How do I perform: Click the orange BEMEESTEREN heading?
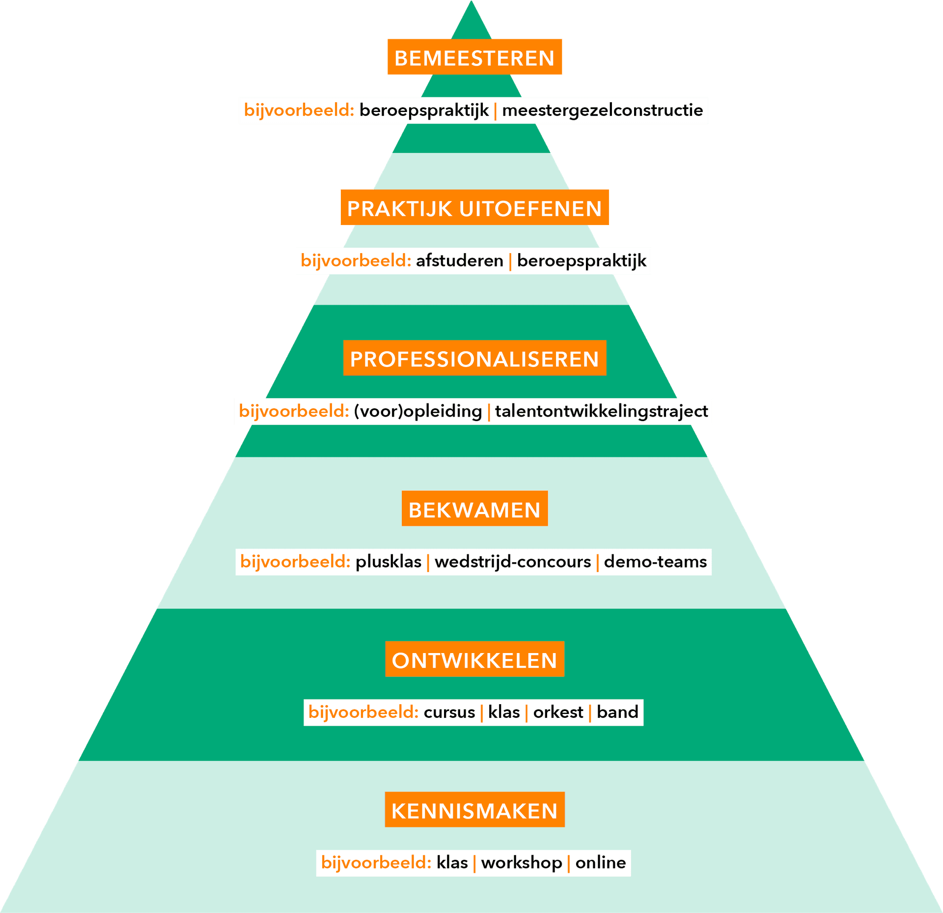(474, 57)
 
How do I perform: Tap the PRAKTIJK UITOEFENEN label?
(474, 208)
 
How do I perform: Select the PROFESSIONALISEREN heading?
(474, 358)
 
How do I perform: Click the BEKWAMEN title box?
(474, 509)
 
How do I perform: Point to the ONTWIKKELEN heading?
(474, 659)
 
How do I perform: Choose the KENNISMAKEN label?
(474, 810)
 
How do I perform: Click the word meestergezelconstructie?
(602, 110)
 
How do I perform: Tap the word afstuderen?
(459, 260)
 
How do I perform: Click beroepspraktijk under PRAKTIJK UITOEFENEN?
(582, 260)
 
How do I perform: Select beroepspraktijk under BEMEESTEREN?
(424, 110)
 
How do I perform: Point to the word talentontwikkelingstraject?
(601, 411)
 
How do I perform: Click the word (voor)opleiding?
(417, 411)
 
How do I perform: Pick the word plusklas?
(388, 562)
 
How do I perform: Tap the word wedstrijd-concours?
(512, 562)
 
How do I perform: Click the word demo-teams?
(655, 562)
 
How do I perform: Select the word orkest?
(558, 712)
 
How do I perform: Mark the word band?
(617, 712)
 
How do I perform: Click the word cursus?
(449, 712)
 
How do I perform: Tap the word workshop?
(521, 862)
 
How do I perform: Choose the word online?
(600, 862)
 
